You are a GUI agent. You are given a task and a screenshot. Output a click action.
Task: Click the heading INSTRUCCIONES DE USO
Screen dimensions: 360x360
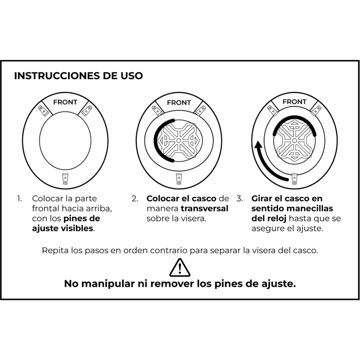[x=78, y=76]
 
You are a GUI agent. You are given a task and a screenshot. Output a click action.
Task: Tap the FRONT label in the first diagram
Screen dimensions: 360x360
[x=65, y=102]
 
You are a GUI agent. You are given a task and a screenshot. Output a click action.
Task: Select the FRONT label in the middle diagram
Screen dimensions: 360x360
[x=179, y=103]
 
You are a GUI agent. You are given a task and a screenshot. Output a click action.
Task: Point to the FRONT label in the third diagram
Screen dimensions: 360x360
[x=294, y=102]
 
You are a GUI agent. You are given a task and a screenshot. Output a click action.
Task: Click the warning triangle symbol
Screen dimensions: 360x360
[x=180, y=267]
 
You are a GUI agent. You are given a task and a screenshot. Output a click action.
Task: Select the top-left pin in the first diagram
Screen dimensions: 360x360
[x=43, y=109]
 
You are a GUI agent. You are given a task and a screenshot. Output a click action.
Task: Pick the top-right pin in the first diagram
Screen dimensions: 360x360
[x=88, y=109]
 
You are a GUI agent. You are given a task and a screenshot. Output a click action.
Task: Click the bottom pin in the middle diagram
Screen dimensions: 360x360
[x=179, y=179]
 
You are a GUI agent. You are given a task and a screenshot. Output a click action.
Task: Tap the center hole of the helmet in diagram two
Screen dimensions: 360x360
[x=179, y=140]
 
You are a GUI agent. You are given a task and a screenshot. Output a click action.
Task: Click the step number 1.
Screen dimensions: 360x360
[x=19, y=198]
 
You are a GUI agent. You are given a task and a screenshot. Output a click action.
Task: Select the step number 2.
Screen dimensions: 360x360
[x=135, y=198]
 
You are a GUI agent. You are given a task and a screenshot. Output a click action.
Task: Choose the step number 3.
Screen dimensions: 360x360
[x=239, y=198]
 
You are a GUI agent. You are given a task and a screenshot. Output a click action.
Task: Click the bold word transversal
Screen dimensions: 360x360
[x=205, y=208]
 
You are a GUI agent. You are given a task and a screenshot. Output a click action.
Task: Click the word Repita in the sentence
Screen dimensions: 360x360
[x=54, y=251]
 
